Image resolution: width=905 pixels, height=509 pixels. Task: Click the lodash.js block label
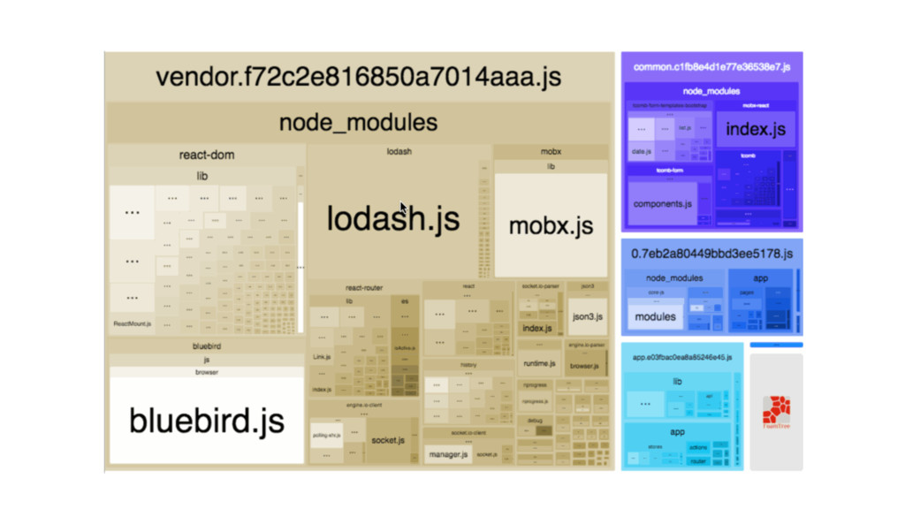[393, 218]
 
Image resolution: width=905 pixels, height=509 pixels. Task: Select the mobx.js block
[551, 225]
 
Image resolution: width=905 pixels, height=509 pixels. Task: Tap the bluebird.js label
[207, 420]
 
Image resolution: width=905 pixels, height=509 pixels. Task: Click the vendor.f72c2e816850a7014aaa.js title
[358, 76]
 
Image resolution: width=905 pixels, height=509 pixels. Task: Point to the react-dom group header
[206, 155]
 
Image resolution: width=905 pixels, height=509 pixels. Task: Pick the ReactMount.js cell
[132, 324]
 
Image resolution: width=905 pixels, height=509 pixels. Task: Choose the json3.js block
[588, 316]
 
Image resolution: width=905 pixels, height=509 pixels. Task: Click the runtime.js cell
[538, 363]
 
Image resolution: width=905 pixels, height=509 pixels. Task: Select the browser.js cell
[584, 365]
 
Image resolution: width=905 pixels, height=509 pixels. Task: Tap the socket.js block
[388, 440]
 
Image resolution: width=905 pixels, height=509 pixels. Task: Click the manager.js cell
[447, 455]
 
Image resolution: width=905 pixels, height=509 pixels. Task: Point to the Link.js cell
[322, 357]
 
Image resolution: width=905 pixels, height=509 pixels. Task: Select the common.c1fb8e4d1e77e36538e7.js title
[711, 66]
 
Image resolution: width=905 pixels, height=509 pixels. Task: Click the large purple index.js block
[756, 130]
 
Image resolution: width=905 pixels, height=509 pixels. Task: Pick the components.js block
[662, 204]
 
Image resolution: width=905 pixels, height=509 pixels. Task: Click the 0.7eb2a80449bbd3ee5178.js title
[711, 254]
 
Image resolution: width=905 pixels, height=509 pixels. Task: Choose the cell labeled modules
[656, 316]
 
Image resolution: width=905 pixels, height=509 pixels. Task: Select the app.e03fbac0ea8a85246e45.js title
[682, 358]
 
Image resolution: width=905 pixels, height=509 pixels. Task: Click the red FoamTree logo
[776, 412]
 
